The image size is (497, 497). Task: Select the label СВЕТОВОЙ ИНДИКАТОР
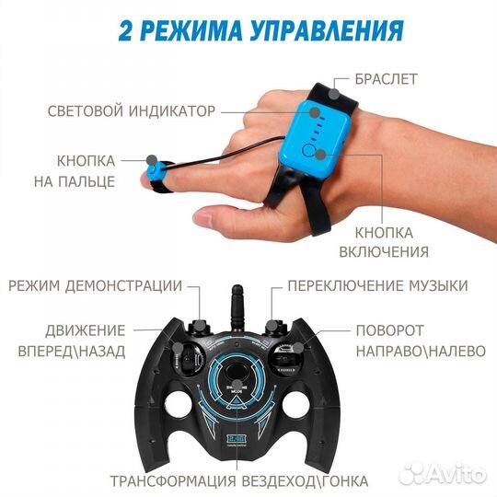pos(132,111)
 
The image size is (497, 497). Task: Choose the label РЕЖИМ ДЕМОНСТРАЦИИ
pos(95,285)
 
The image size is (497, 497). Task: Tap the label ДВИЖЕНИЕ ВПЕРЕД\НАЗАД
pos(83,340)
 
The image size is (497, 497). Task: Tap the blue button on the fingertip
pos(162,172)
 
